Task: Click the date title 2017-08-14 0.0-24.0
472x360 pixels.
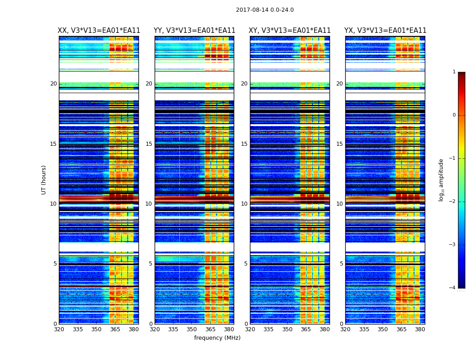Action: pos(265,10)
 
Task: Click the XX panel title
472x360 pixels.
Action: pos(99,31)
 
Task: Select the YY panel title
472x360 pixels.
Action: pos(194,31)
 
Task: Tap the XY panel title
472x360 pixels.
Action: pos(290,31)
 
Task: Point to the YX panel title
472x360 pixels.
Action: pos(385,31)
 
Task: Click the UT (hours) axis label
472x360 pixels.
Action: pos(44,180)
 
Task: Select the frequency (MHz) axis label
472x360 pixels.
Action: pos(217,338)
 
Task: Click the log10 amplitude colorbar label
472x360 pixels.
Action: pos(441,180)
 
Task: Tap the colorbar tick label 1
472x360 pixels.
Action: pos(454,72)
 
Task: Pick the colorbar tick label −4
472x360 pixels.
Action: pos(453,288)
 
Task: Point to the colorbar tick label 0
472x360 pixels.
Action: pos(454,115)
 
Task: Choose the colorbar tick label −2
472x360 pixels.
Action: pos(453,202)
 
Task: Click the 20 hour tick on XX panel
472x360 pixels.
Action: pos(53,84)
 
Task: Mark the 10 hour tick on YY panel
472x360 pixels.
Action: pos(149,204)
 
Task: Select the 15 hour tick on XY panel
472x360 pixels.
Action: pos(244,144)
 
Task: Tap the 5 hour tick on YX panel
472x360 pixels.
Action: pos(342,264)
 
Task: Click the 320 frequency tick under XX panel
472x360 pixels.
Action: pos(59,329)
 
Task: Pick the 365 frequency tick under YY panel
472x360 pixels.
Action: pos(210,329)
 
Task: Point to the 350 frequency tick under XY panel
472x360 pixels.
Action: pos(287,329)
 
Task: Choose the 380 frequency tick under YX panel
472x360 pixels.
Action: pos(420,329)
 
